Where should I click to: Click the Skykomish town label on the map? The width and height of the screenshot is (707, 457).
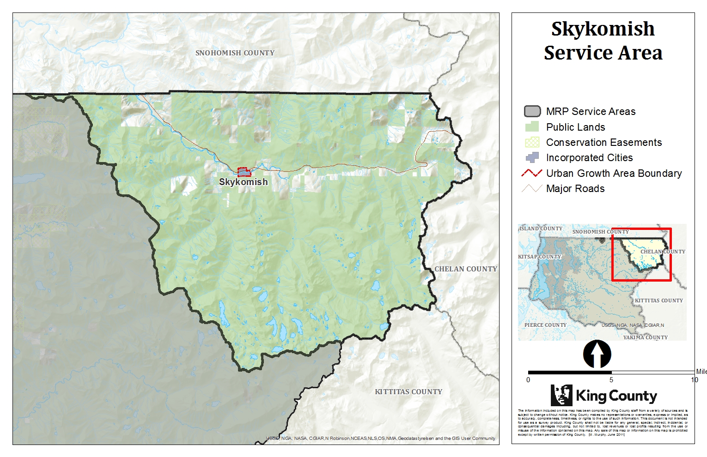[x=243, y=182]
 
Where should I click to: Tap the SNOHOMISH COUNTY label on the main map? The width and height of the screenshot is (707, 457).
[x=235, y=53]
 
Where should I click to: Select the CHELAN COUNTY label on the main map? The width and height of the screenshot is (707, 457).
[x=465, y=269]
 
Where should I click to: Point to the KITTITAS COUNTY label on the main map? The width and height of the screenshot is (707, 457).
[x=408, y=391]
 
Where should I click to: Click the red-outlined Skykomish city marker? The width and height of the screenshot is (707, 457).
[x=244, y=172]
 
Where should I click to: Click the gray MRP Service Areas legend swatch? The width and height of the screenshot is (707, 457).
[x=532, y=111]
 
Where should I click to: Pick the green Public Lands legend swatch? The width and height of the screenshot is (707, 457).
[x=532, y=127]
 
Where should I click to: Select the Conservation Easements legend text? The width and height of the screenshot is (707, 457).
[x=603, y=142]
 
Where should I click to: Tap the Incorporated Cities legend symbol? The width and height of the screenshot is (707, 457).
[x=532, y=157]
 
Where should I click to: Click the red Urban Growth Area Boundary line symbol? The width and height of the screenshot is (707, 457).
[x=532, y=173]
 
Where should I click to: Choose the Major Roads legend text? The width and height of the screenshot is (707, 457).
[x=575, y=188]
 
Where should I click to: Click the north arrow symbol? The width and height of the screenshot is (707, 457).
[x=597, y=355]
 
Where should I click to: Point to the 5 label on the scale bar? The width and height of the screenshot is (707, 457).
[x=611, y=380]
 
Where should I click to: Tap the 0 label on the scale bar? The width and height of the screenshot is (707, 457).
[x=528, y=380]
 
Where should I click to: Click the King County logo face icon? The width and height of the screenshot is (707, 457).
[x=561, y=395]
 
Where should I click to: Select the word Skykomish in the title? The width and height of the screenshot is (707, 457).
[x=603, y=29]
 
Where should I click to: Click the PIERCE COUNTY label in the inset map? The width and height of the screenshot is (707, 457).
[x=545, y=325]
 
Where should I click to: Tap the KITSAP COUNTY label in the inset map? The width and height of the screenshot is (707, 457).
[x=539, y=257]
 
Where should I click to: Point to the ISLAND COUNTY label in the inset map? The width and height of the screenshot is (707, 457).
[x=541, y=228]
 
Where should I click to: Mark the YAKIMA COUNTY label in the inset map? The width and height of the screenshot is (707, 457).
[x=645, y=337]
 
